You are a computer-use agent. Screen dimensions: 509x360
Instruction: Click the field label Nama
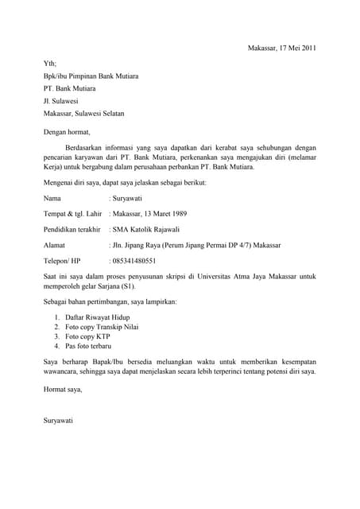coord(52,197)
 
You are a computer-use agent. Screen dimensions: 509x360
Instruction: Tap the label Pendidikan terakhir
coord(72,229)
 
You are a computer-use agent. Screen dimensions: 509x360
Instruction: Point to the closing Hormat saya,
coord(63,390)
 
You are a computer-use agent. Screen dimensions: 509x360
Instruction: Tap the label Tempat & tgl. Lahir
coord(72,213)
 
